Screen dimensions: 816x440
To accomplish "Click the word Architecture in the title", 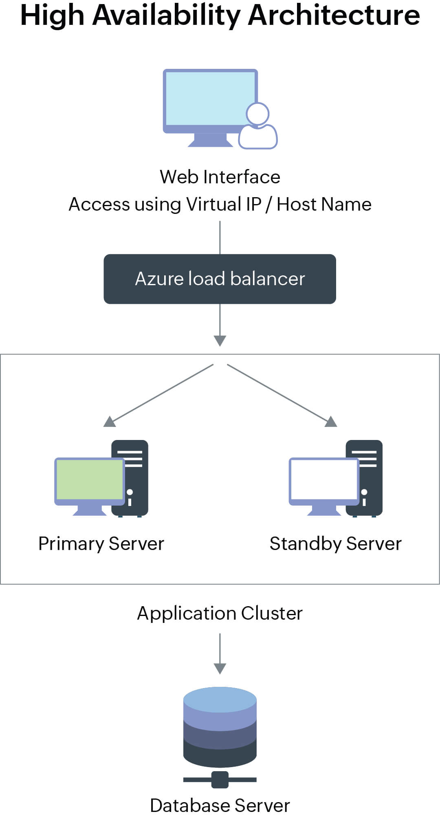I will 334,15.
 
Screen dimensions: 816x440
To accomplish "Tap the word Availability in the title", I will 167,15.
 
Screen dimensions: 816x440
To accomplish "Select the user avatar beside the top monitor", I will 258,126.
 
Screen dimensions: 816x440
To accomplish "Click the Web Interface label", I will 220,177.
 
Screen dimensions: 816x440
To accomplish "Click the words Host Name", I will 324,204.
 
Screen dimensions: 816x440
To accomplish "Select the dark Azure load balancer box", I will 220,279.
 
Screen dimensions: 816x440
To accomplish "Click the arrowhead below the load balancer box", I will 220,340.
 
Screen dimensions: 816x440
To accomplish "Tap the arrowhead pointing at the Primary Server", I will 110,422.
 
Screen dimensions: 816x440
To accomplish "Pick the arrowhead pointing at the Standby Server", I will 331,422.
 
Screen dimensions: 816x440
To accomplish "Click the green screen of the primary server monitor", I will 90,479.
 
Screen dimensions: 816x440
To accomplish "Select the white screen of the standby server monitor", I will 324,479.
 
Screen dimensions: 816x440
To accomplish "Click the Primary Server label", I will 101,544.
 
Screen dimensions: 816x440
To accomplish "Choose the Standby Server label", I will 335,544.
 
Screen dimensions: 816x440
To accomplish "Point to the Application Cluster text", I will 220,613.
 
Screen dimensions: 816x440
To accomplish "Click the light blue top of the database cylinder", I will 220,699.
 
